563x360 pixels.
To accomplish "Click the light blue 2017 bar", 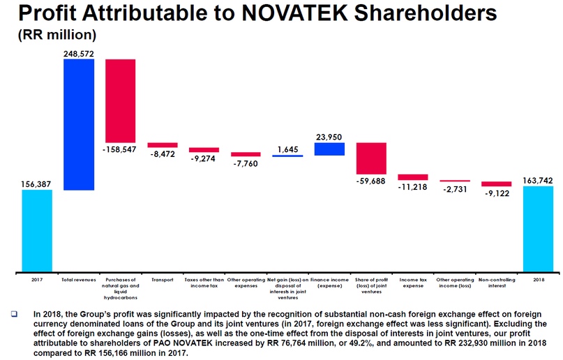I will point(37,230).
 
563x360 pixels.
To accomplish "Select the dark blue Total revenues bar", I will point(79,124).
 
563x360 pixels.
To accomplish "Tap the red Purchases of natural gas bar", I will point(121,100).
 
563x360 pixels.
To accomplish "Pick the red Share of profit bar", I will point(371,158).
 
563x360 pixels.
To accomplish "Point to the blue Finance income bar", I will point(329,149).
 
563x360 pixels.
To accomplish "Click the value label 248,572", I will point(79,53).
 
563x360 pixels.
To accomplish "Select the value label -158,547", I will point(121,149).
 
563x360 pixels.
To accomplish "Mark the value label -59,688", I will point(371,181).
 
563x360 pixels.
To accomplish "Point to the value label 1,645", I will point(287,149).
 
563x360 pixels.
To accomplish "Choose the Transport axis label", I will point(163,279).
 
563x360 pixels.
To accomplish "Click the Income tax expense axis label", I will point(412,283).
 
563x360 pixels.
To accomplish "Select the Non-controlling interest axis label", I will point(496,283).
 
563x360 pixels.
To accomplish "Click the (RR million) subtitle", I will point(57,34).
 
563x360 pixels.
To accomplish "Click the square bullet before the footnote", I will point(14,315).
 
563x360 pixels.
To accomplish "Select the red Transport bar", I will point(163,145).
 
